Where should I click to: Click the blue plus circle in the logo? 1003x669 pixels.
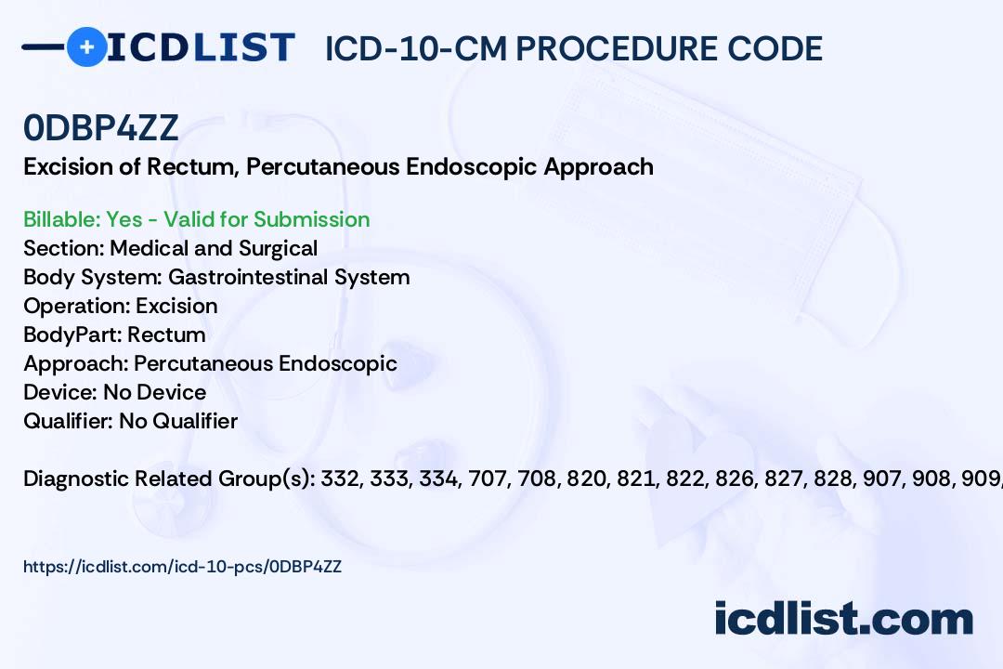[86, 46]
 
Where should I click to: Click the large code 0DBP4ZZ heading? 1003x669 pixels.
[100, 127]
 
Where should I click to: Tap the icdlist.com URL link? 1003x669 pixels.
[182, 567]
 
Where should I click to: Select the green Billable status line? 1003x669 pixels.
[196, 219]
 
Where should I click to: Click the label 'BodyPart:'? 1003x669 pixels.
[72, 334]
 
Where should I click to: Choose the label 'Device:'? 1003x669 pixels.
[60, 392]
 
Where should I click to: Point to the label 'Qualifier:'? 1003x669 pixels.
[69, 421]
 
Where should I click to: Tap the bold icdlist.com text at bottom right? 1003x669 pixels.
[843, 619]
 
